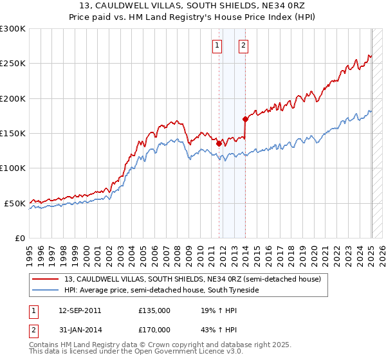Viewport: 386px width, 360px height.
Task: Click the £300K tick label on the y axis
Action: (13, 29)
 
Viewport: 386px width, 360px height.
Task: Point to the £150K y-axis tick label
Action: (13, 133)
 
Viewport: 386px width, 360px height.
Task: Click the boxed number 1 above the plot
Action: (218, 45)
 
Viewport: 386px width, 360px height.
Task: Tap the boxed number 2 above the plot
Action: (244, 45)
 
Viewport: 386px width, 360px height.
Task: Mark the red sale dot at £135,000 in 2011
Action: (219, 143)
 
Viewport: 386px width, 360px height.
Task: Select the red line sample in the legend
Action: (46, 278)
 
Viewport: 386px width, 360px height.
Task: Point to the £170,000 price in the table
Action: (154, 330)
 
